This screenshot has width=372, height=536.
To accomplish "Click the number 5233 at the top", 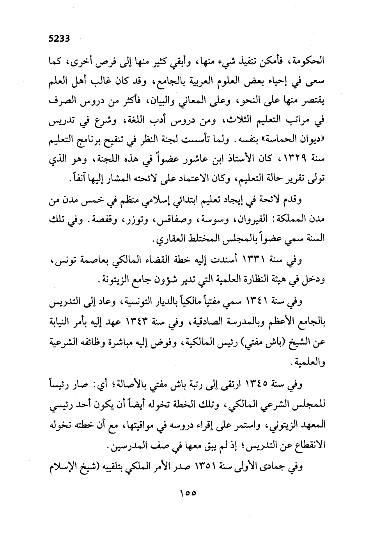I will coord(58,38).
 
